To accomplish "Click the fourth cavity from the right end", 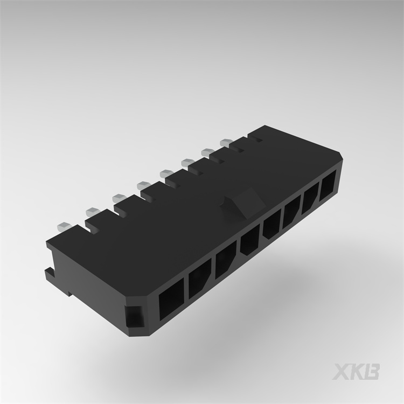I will point(272,226).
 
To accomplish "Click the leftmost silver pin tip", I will point(64,225).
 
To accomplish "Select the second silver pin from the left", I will point(92,210).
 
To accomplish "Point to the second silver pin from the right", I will point(208,151).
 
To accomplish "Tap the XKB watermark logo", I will point(357,372).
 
